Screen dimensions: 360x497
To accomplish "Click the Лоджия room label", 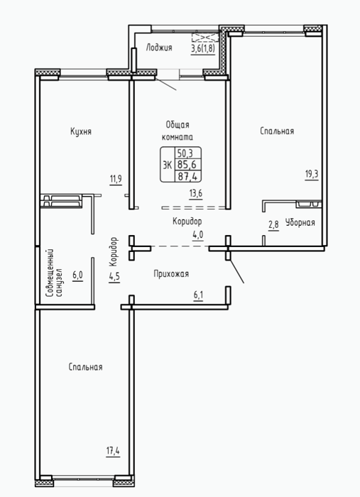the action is tap(159, 48).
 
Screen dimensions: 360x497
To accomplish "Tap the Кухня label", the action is tap(81, 131).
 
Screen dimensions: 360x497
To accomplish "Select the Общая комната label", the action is tap(178, 131).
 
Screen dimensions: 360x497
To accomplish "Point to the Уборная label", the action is tap(300, 222).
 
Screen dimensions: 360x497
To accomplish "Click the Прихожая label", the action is tap(171, 273).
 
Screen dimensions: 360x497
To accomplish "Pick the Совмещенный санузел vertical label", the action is tap(54, 273).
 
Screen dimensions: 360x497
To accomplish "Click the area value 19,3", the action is tap(312, 175).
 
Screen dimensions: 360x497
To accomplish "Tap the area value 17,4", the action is tap(113, 450).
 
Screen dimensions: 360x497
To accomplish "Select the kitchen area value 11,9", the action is tap(116, 180).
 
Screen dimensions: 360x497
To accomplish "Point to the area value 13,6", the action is tap(196, 193).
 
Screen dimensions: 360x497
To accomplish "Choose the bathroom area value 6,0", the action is tap(77, 275).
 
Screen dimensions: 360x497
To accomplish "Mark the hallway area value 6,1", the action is tap(198, 295).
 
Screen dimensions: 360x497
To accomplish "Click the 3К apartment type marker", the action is tap(167, 165).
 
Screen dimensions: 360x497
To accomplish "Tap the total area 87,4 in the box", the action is tap(188, 176).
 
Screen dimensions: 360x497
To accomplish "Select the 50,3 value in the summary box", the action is tap(185, 153).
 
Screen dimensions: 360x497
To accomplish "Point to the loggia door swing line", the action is tap(165, 83).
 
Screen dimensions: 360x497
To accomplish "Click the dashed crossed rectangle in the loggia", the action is tap(205, 38).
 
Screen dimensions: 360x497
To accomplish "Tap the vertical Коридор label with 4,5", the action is tap(114, 260).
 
